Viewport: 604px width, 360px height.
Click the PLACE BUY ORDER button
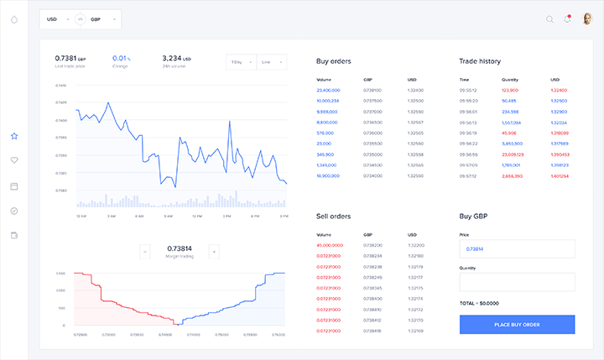click(x=517, y=325)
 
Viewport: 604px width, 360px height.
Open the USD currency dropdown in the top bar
click(x=57, y=18)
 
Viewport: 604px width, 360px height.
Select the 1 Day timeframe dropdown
click(x=240, y=62)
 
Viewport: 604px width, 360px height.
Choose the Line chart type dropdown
click(x=271, y=62)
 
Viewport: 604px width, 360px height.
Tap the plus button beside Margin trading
click(x=213, y=251)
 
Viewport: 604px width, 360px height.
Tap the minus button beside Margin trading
click(x=144, y=251)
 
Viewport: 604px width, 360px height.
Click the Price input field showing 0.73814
click(x=517, y=249)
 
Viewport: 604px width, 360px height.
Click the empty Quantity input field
click(x=517, y=282)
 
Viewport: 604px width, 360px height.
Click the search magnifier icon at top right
click(x=549, y=19)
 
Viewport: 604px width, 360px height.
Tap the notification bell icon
click(x=567, y=19)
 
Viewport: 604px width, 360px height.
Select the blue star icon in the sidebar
click(x=14, y=135)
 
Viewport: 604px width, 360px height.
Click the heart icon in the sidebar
click(x=14, y=160)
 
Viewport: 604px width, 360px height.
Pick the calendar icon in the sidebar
click(x=14, y=186)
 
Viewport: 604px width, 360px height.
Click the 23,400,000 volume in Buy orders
click(x=328, y=90)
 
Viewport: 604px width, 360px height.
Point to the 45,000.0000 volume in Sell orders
click(x=329, y=244)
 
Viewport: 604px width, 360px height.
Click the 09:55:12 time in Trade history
click(x=468, y=90)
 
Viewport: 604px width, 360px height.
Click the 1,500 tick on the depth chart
click(x=60, y=274)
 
